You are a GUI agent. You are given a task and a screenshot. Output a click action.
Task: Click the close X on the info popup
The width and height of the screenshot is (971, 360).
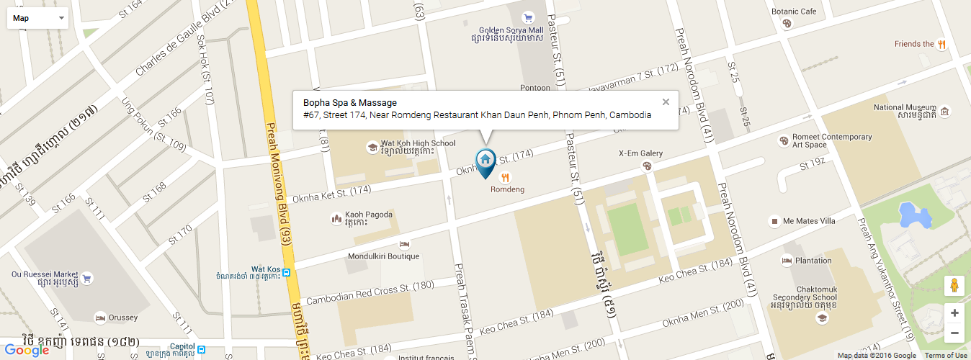tap(666, 102)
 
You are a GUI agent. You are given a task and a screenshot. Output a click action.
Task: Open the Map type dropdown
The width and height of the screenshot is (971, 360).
tap(37, 18)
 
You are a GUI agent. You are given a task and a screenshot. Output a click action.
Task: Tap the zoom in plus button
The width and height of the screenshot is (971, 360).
tap(954, 313)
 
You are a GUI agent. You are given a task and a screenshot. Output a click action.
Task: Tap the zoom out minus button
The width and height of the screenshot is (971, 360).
tap(954, 333)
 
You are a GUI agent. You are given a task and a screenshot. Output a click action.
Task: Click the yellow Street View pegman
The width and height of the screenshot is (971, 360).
tap(954, 285)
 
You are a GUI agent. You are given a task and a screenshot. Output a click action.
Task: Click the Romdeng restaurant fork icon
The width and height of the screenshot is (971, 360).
tap(506, 177)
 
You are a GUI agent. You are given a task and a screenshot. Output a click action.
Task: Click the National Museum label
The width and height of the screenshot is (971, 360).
tap(903, 108)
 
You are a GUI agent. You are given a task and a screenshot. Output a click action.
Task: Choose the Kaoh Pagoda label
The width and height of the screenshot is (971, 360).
tap(369, 215)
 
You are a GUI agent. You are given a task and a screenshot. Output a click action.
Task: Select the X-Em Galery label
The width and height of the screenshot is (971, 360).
tap(640, 153)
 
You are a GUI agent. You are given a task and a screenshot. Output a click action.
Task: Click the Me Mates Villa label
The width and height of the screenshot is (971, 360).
tap(809, 221)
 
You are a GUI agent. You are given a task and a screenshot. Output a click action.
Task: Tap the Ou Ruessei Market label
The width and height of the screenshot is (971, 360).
tap(44, 274)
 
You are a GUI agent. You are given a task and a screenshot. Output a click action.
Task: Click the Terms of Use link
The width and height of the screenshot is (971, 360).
tap(946, 356)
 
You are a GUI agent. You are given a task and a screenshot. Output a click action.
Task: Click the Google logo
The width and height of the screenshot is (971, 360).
tap(27, 351)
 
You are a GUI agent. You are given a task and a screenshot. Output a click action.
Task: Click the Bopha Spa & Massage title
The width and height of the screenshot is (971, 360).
tap(350, 103)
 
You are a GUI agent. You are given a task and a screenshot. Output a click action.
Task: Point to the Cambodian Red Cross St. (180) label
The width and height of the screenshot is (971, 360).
tap(370, 292)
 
